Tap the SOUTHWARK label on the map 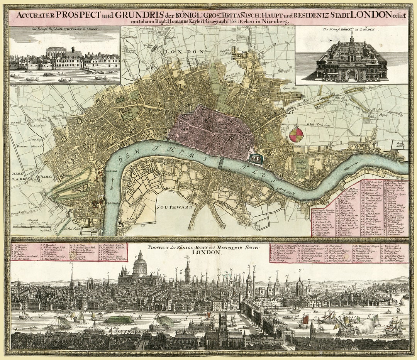(x=175, y=207)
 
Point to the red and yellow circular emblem (x=296, y=134)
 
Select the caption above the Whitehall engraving (x=64, y=29)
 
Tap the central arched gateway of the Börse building (x=351, y=76)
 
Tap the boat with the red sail (x=305, y=319)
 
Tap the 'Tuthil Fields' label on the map (x=71, y=228)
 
